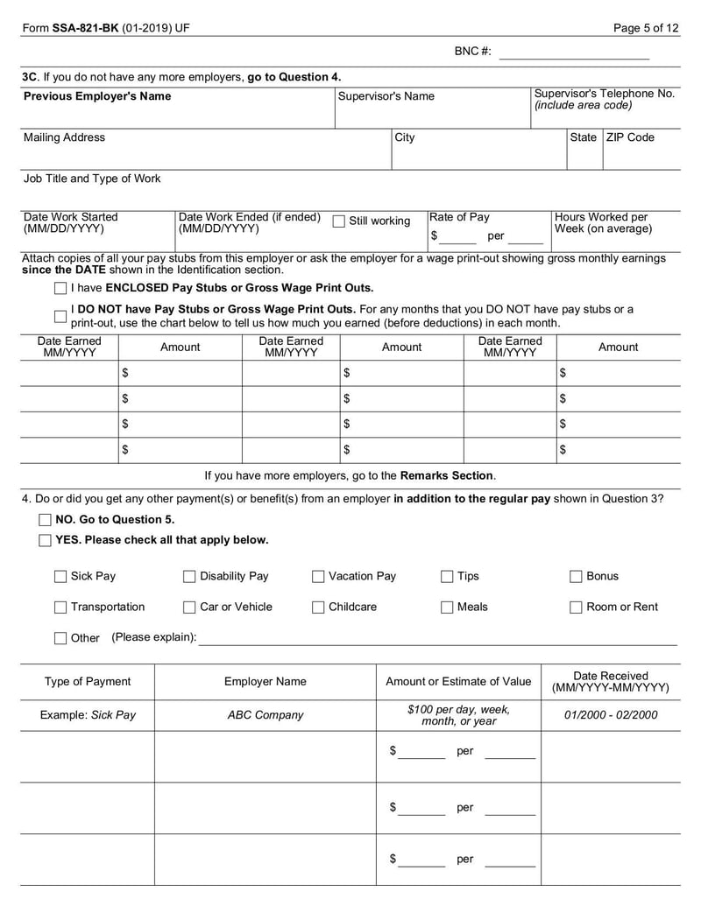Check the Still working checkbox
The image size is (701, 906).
338,221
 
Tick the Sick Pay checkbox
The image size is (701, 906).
60,577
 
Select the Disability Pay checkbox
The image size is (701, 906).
189,577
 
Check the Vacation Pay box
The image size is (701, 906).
318,577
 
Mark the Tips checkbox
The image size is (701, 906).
447,577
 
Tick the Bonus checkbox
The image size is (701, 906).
576,577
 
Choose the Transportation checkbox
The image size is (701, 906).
60,608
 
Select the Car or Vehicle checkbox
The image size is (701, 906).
189,608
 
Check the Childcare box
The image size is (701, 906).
318,608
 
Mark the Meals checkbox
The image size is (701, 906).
447,608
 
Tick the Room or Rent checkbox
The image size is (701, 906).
576,608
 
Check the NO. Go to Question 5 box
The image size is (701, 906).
45,520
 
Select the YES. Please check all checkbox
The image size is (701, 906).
45,541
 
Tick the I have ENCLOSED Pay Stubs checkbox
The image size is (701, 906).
60,288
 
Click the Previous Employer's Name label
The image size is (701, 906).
97,96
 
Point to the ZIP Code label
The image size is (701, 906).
630,137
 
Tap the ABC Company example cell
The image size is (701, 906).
265,715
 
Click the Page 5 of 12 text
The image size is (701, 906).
646,28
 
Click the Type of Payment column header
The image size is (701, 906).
88,682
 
